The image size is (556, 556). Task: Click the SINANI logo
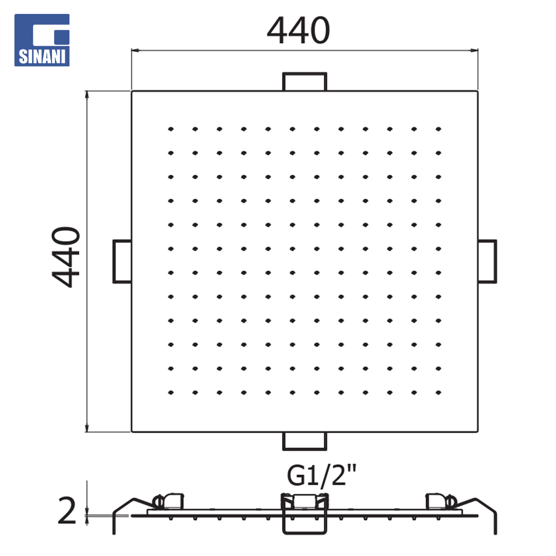click(x=42, y=40)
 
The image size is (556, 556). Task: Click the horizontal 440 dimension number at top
click(x=299, y=30)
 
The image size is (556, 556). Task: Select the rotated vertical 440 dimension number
click(x=66, y=257)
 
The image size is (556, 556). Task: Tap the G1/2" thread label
click(x=321, y=476)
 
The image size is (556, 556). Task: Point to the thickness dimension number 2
click(x=66, y=510)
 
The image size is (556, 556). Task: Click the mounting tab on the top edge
click(x=305, y=82)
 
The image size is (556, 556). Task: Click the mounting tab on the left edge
click(x=123, y=262)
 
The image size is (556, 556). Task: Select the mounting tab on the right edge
click(x=487, y=262)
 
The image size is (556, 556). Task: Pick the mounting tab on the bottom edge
click(x=305, y=441)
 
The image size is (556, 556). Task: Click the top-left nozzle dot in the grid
click(x=171, y=129)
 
